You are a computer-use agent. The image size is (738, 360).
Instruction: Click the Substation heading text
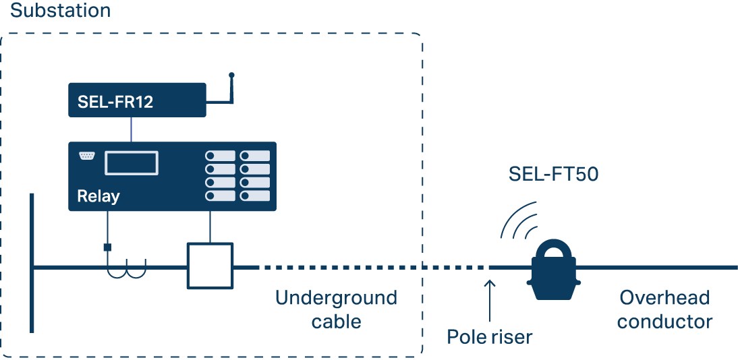pos(60,11)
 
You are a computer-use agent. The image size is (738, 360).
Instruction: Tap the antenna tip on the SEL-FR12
pos(231,74)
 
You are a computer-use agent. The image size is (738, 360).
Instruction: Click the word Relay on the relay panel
pos(98,196)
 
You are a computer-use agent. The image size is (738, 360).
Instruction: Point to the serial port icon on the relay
pos(86,156)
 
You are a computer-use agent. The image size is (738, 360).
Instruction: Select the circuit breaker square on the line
pos(210,267)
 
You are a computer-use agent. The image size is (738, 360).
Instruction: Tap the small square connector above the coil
pos(107,247)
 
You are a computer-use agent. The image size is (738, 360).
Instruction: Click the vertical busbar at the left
pos(32,263)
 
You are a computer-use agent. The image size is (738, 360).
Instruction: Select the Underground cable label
pos(336,309)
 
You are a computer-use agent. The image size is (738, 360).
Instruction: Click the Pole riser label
pos(490,336)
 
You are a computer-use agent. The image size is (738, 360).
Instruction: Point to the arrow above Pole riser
pos(490,297)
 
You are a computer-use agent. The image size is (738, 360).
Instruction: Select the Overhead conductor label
pos(664,309)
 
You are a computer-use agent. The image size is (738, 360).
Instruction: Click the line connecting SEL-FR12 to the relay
pos(132,129)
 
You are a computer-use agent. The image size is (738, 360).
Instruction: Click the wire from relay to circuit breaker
pos(211,227)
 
